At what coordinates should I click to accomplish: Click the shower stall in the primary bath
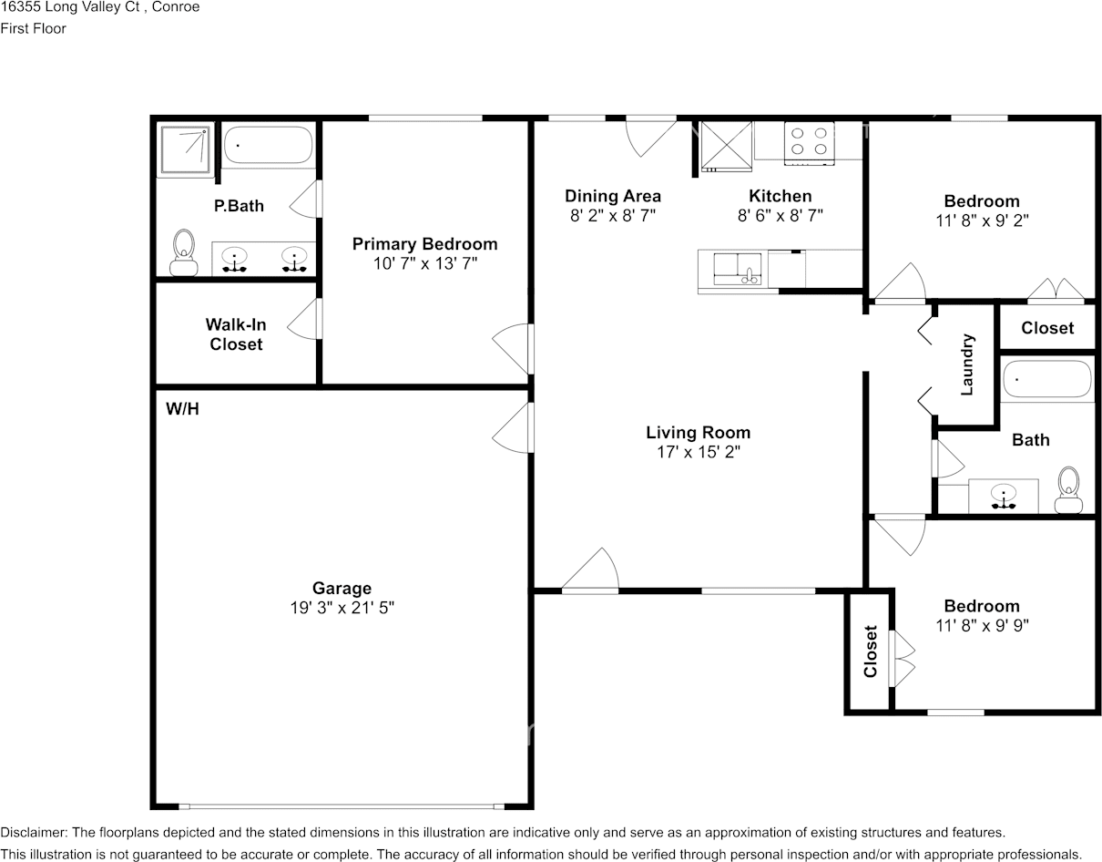[x=185, y=149]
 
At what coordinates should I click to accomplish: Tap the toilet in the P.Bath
[x=184, y=252]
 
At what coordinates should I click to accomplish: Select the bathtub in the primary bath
[x=269, y=145]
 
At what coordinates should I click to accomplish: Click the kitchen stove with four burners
[x=810, y=143]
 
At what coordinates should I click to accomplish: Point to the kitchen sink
[x=738, y=269]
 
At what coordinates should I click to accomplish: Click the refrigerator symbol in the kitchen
[x=726, y=147]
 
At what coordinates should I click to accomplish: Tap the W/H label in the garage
[x=182, y=409]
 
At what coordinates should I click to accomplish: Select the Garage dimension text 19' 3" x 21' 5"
[x=342, y=607]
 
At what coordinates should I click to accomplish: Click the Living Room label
[x=699, y=432]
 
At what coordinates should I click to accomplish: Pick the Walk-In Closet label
[x=236, y=334]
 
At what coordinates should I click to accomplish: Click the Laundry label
[x=967, y=364]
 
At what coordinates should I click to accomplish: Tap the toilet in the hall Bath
[x=1068, y=490]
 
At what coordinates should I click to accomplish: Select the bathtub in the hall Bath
[x=1047, y=379]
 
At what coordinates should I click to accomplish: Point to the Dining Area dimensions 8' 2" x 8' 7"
[x=613, y=216]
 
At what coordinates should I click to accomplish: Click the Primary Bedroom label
[x=425, y=244]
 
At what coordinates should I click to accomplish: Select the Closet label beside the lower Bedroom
[x=871, y=652]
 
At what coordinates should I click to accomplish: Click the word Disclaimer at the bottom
[x=33, y=833]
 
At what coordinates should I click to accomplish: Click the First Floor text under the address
[x=33, y=28]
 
